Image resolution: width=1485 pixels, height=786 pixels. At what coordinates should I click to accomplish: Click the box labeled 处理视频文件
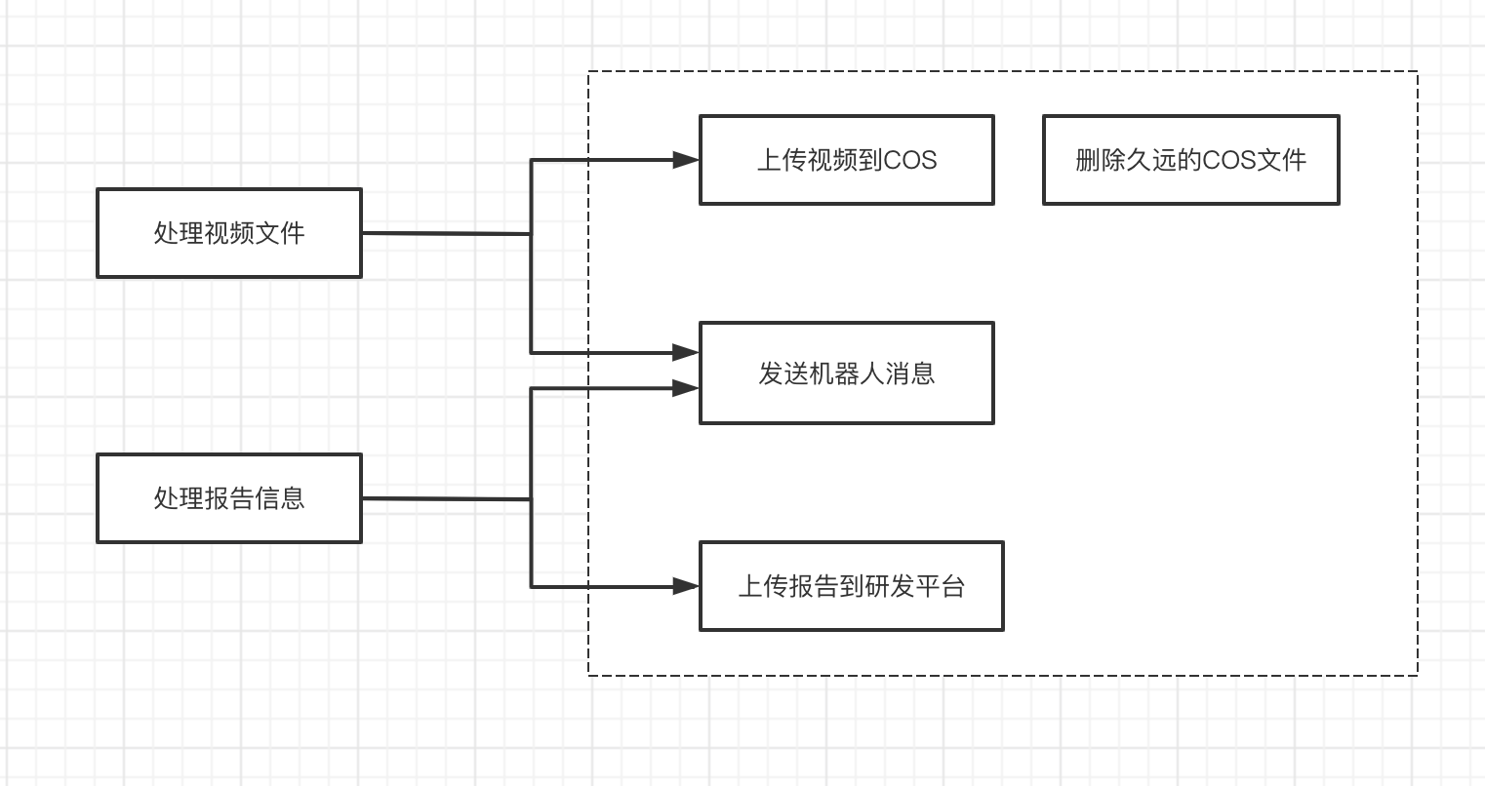pos(229,233)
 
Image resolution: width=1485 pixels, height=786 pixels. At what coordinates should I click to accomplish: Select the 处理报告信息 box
pos(229,498)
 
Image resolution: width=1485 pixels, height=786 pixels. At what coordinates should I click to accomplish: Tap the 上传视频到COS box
pos(846,160)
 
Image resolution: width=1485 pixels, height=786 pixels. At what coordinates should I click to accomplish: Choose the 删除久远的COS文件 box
pos(1190,160)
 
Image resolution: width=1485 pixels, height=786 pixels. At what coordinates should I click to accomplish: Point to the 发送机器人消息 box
pos(846,373)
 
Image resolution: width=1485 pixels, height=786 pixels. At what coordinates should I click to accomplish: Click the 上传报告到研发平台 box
pos(851,586)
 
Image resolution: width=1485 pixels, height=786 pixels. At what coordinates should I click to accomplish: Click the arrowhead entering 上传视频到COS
pos(687,160)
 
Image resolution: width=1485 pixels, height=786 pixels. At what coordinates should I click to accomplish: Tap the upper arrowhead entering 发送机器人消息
pos(687,351)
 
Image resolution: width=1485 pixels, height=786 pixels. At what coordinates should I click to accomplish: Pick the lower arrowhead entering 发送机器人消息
pos(687,388)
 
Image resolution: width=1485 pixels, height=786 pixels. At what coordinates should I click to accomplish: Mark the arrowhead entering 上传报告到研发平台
pos(687,586)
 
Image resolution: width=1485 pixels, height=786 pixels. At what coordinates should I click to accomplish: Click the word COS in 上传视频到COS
pos(909,160)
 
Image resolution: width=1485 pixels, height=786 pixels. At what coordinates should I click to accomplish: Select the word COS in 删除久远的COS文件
pos(1228,160)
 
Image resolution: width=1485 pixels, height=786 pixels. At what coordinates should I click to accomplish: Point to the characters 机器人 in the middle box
pos(847,373)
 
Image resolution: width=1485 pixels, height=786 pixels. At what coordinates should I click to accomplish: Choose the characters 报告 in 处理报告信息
pos(229,498)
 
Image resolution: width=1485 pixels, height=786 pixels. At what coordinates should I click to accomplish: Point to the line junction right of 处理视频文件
pos(531,234)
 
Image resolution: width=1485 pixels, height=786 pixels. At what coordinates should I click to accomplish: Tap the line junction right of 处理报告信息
pos(531,499)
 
